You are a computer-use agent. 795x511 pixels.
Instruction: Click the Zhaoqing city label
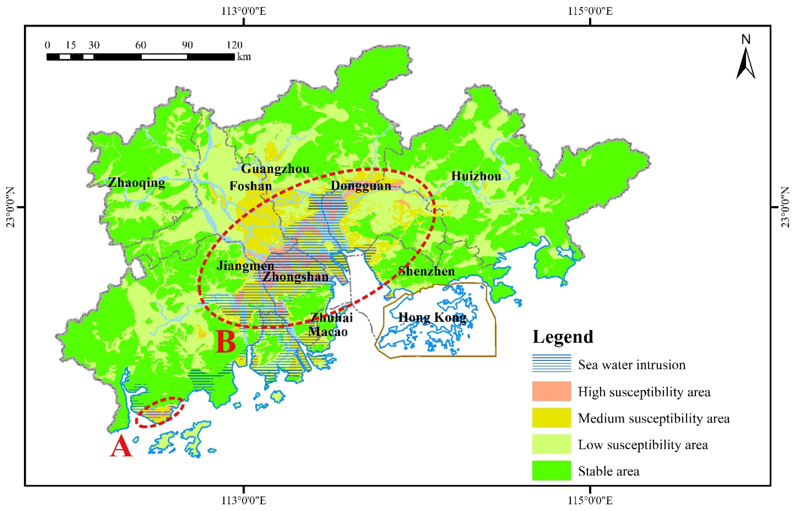coord(137,182)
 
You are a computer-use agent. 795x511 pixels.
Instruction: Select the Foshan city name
coord(251,186)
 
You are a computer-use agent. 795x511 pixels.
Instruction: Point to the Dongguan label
coord(361,185)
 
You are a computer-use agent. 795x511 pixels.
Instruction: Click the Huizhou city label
coord(476,176)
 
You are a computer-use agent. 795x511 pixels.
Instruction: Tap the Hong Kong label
coord(432,318)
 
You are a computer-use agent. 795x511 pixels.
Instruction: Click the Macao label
coord(328,332)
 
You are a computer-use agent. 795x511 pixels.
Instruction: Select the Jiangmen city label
coord(245,266)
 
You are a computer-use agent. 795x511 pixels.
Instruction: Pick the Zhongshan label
coord(295,277)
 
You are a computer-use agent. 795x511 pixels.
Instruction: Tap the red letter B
coord(225,342)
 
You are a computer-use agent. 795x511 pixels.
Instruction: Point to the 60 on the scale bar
coord(141,45)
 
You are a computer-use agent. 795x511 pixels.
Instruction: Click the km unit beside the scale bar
coord(244,57)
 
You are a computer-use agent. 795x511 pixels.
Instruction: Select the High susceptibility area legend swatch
coord(551,391)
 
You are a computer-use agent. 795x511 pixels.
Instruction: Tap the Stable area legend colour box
coord(551,470)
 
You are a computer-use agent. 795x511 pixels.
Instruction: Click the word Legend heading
coord(563,337)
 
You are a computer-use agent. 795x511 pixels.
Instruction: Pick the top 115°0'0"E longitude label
coord(590,11)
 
